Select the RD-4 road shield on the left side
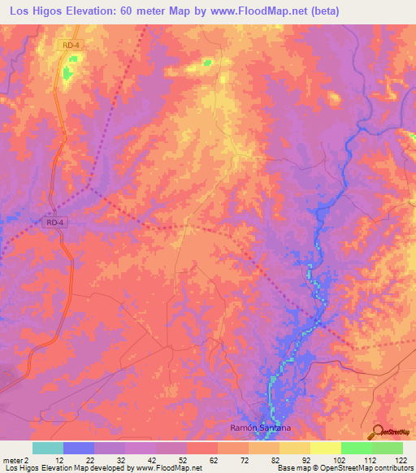(x=54, y=221)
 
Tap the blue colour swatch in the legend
(x=78, y=448)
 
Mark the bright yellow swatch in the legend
(x=325, y=448)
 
